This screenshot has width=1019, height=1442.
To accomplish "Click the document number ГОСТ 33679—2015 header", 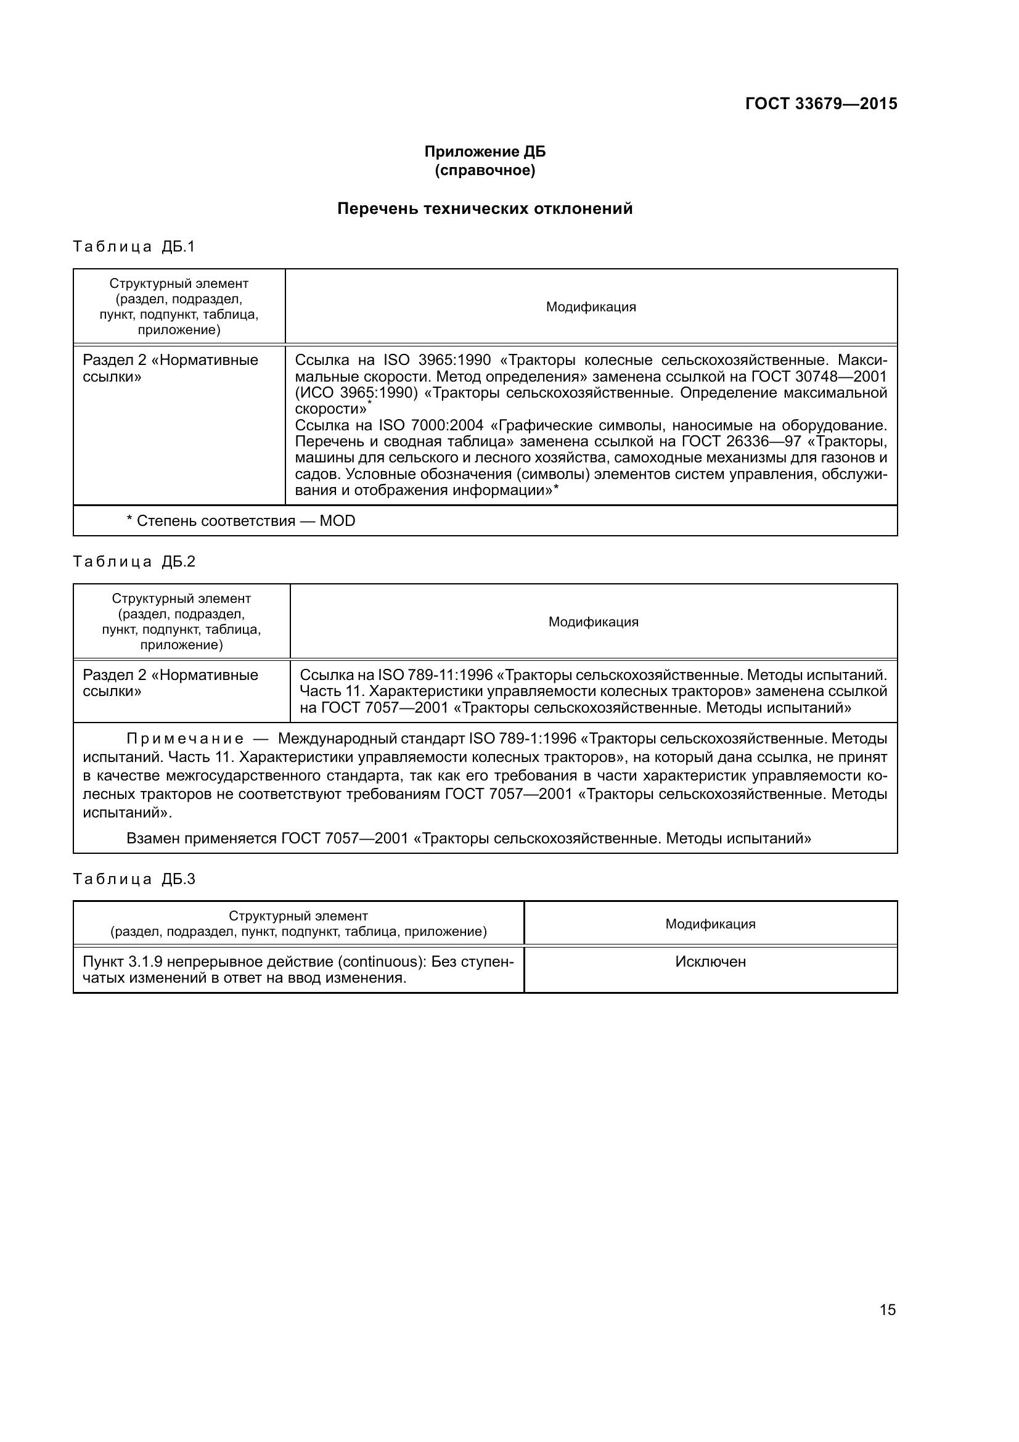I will coord(821,104).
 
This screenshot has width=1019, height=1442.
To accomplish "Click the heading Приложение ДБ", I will coord(485,152).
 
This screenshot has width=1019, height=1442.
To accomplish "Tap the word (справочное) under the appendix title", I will coord(485,170).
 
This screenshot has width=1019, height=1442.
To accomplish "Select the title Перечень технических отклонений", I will coord(485,208).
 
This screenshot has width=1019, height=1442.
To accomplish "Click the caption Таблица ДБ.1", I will coord(134,247).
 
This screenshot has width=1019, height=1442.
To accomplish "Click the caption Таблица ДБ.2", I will coord(134,562).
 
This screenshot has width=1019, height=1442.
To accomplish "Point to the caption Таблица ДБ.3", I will coord(134,879).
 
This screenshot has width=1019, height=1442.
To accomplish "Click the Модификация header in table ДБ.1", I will coord(590,307).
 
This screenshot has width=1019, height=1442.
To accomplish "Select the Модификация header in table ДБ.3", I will coord(710,924).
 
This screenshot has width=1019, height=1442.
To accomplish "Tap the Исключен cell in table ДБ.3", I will coord(710,962).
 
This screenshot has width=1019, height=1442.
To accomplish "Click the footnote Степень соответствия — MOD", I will coord(240,521).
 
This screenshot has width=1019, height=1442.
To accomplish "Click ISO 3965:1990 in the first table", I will coord(436,361).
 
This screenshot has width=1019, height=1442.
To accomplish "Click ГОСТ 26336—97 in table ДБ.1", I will coord(740,441).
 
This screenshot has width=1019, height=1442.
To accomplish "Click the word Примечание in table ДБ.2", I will coord(184,739).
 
